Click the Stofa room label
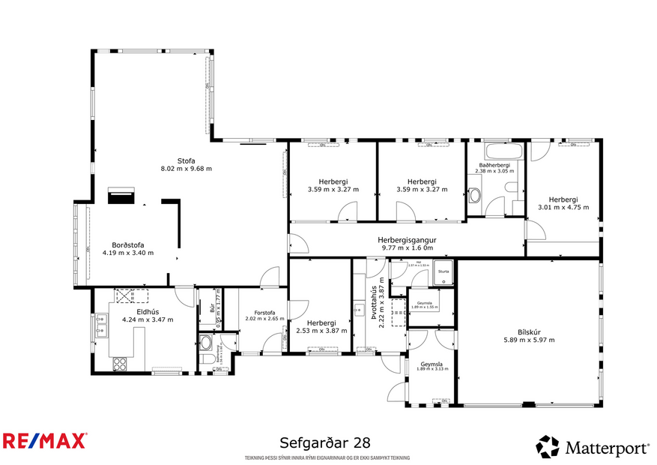point(186,160)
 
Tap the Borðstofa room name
point(128,244)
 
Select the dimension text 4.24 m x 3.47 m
point(148,319)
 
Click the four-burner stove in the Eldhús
point(120,364)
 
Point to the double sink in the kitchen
point(100,325)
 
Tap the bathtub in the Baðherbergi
point(497,153)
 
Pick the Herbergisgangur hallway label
point(407,239)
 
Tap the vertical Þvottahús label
point(372,300)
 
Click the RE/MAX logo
point(44,440)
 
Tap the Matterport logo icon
point(547,447)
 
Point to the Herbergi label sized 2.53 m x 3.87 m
point(318,322)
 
